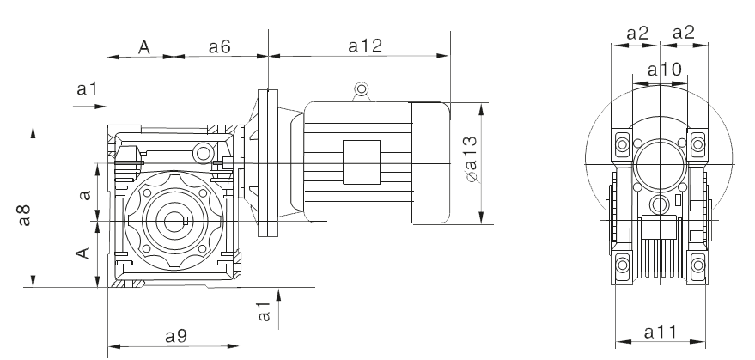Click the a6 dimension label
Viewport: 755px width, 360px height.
pyautogui.click(x=220, y=46)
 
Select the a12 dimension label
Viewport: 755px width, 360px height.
pyautogui.click(x=365, y=46)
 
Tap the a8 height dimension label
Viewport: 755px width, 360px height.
pyautogui.click(x=24, y=215)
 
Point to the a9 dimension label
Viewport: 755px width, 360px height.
pyautogui.click(x=176, y=336)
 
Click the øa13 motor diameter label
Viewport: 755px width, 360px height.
pyautogui.click(x=472, y=160)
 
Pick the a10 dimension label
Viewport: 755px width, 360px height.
pyautogui.click(x=665, y=70)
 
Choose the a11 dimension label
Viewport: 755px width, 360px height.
pyautogui.click(x=661, y=332)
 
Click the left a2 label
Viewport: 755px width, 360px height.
pyautogui.click(x=637, y=34)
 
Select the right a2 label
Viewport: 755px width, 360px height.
pyautogui.click(x=683, y=33)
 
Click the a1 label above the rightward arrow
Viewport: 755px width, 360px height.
pyautogui.click(x=87, y=88)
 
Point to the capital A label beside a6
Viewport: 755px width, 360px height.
pyautogui.click(x=144, y=47)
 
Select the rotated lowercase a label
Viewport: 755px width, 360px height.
pyautogui.click(x=85, y=194)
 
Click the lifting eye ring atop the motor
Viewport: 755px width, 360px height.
pyautogui.click(x=361, y=89)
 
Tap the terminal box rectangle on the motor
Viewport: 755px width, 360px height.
pyautogui.click(x=362, y=162)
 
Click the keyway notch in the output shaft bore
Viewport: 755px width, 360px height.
pyautogui.click(x=186, y=221)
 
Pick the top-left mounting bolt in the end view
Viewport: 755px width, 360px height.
pyautogui.click(x=622, y=144)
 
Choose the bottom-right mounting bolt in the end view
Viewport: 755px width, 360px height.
pyautogui.click(x=697, y=265)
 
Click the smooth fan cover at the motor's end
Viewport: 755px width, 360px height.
pyautogui.click(x=431, y=162)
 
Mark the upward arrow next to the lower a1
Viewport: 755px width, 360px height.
pyautogui.click(x=278, y=309)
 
